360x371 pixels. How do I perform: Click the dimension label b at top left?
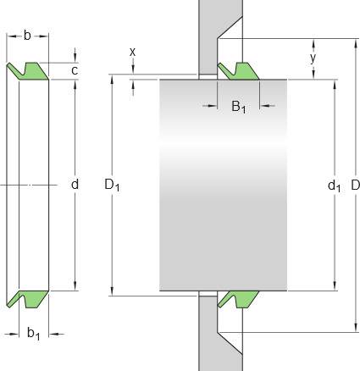[x=27, y=36]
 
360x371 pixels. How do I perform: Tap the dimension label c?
[x=75, y=70]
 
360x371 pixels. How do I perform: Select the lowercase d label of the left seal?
[x=75, y=185]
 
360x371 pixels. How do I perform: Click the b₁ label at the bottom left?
[x=34, y=334]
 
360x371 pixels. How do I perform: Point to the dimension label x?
[x=132, y=52]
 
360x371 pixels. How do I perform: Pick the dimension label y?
[x=313, y=58]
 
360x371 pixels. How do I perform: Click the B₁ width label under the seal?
[x=239, y=107]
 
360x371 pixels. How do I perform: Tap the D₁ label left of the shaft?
[x=112, y=185]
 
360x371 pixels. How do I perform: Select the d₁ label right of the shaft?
[x=334, y=186]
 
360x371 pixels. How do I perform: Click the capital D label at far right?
[x=355, y=185]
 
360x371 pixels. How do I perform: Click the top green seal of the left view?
[x=27, y=71]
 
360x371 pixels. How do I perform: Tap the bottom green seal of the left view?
[x=27, y=299]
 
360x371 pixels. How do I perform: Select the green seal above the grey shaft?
[x=238, y=71]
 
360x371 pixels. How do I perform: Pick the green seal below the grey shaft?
[x=238, y=299]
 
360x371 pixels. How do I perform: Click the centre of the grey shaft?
[x=224, y=185]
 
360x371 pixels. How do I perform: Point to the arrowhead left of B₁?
[x=213, y=106]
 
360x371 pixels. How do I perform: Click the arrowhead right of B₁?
[x=263, y=106]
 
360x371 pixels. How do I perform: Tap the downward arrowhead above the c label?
[x=75, y=58]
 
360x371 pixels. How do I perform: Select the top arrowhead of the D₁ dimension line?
[x=112, y=80]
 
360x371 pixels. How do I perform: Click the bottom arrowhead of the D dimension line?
[x=355, y=328]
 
